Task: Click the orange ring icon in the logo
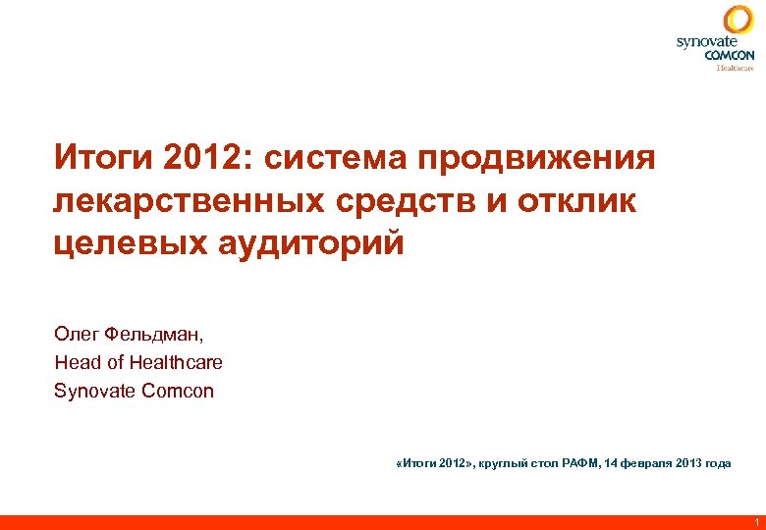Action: [739, 20]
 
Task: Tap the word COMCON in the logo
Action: [730, 55]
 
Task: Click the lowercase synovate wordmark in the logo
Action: [706, 42]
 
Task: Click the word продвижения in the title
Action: [536, 157]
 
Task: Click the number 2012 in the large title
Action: [195, 157]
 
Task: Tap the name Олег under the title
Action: [75, 333]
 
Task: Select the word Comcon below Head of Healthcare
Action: [178, 391]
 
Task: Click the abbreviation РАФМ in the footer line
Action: [582, 463]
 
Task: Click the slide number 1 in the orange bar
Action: [756, 521]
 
